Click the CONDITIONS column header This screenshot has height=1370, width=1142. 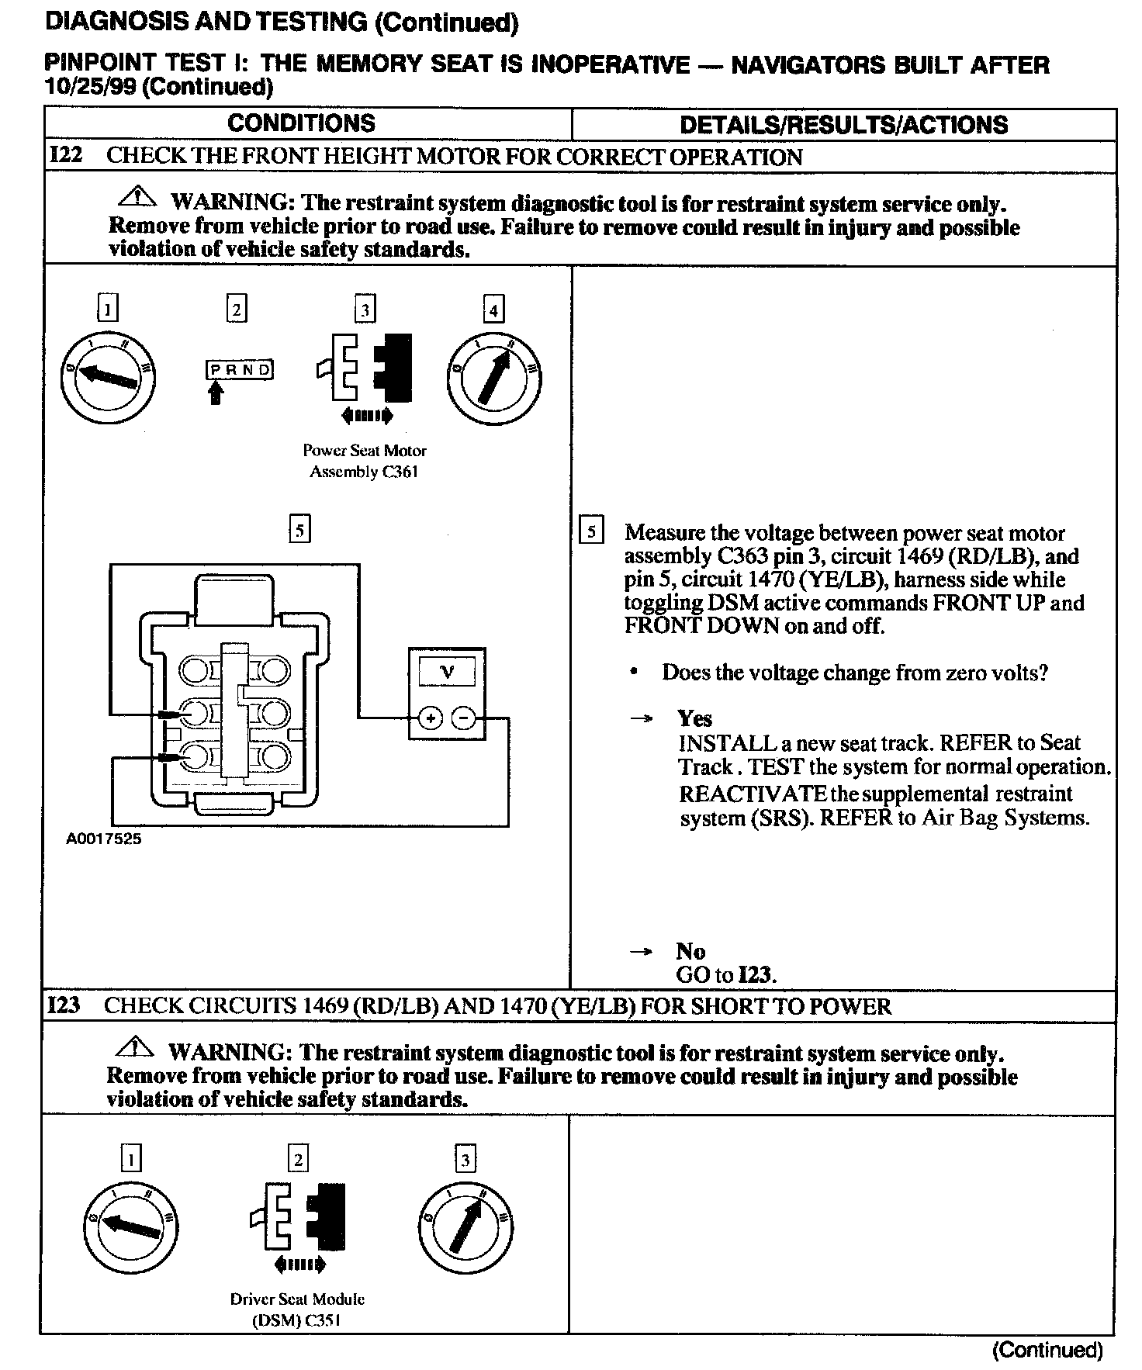(301, 123)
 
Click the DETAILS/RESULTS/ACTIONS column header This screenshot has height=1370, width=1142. (843, 125)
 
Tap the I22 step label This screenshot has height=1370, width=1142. (65, 156)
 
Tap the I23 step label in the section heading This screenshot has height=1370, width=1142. (64, 1006)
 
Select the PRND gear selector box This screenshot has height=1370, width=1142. (240, 369)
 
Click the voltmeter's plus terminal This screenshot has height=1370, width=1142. (430, 719)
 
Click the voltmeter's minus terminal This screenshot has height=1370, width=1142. (463, 719)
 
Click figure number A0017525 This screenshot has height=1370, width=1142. (104, 839)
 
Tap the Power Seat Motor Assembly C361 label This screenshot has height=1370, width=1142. (364, 461)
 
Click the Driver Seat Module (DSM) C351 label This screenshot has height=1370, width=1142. (296, 1309)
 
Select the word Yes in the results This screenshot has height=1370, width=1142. (694, 718)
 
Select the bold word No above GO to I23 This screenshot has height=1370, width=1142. (690, 951)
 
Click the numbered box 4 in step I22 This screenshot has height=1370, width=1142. (493, 310)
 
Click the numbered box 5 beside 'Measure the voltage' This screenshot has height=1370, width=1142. (592, 532)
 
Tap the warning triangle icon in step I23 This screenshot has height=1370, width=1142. (134, 1047)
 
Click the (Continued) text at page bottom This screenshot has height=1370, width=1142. (1047, 1351)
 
